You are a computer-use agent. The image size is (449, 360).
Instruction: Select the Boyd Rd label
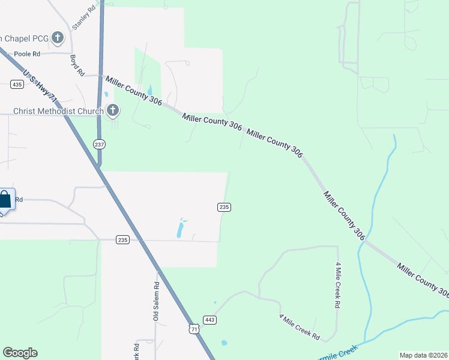click(x=76, y=65)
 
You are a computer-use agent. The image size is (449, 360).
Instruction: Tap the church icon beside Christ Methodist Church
click(x=112, y=110)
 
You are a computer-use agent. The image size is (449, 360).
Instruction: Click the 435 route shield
click(x=17, y=85)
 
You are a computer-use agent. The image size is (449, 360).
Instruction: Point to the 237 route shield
click(x=100, y=144)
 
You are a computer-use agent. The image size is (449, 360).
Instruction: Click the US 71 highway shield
click(x=193, y=329)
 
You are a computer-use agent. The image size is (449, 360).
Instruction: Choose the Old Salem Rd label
click(x=156, y=302)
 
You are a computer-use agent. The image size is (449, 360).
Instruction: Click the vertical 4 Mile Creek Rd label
click(x=338, y=286)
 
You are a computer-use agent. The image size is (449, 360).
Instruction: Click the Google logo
click(x=20, y=353)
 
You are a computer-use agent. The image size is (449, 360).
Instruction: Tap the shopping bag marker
click(x=5, y=200)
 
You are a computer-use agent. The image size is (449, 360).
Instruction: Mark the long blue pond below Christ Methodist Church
click(x=179, y=229)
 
